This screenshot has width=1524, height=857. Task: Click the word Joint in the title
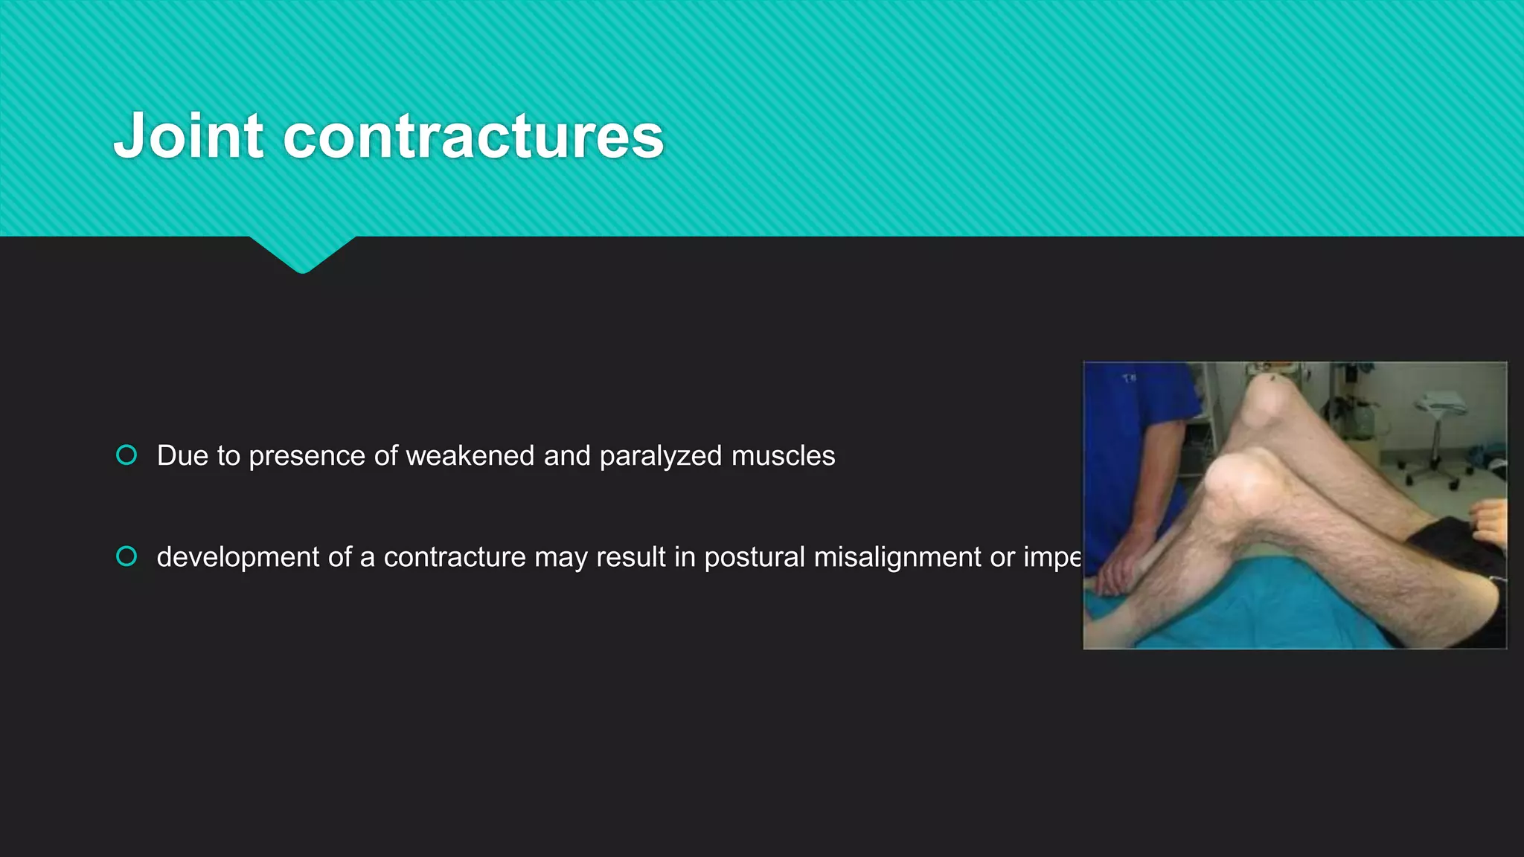click(x=189, y=136)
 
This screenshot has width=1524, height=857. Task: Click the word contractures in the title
click(x=473, y=138)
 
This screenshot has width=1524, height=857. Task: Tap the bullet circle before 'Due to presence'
click(x=127, y=455)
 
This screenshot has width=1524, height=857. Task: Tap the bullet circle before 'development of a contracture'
click(x=127, y=556)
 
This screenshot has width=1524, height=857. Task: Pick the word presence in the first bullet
click(x=307, y=456)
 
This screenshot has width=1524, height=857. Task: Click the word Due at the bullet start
click(x=182, y=455)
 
